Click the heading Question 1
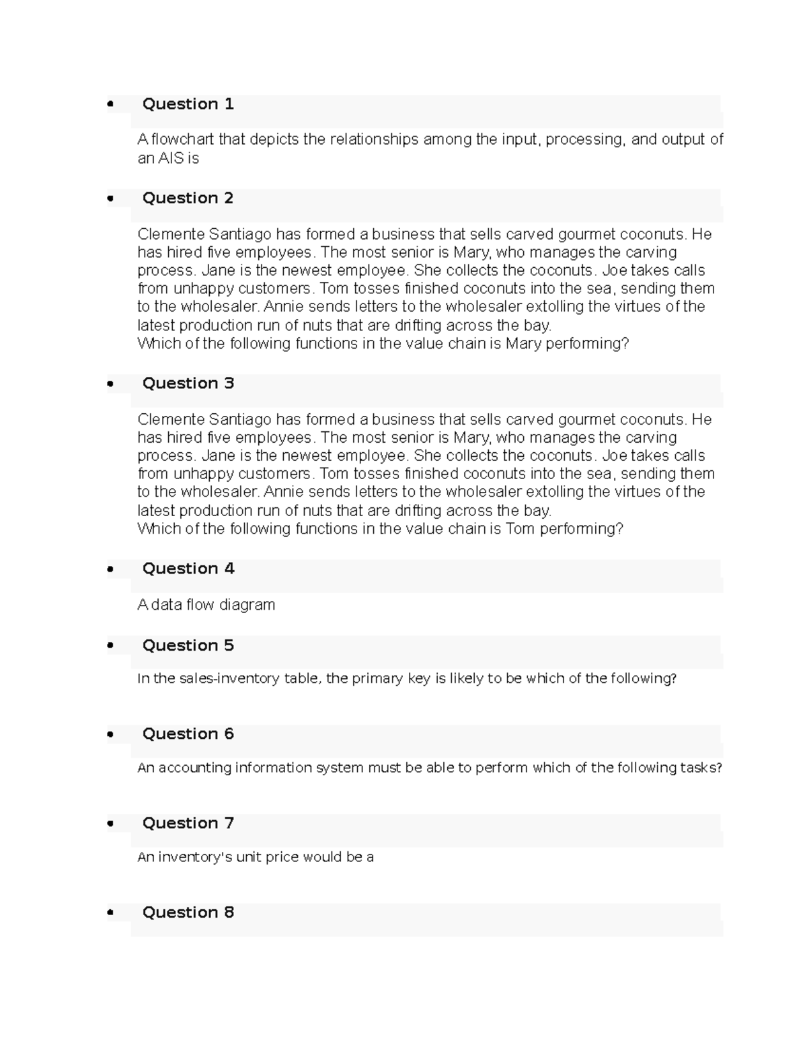[x=188, y=104]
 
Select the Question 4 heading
[x=188, y=569]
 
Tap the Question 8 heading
[x=188, y=912]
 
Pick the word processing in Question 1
[x=585, y=139]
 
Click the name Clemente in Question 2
[x=171, y=234]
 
